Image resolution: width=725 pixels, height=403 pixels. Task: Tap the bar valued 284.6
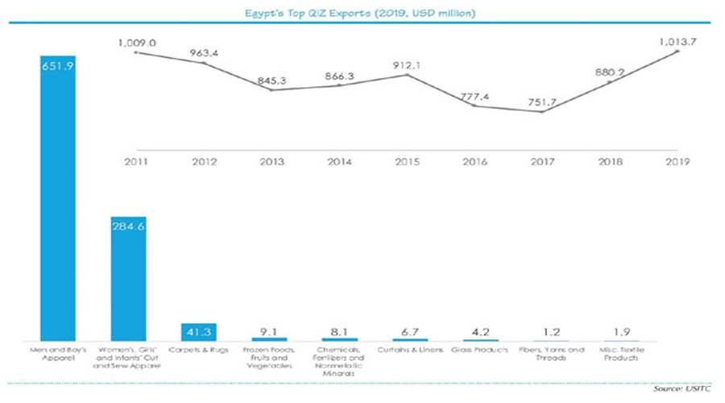pyautogui.click(x=128, y=278)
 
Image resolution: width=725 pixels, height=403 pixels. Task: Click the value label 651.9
pyautogui.click(x=57, y=67)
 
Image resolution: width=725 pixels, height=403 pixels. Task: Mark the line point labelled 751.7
pyautogui.click(x=542, y=111)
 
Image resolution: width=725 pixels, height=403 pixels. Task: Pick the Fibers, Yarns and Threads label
pyautogui.click(x=549, y=354)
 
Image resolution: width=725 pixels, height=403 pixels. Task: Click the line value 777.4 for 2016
pyautogui.click(x=474, y=96)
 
